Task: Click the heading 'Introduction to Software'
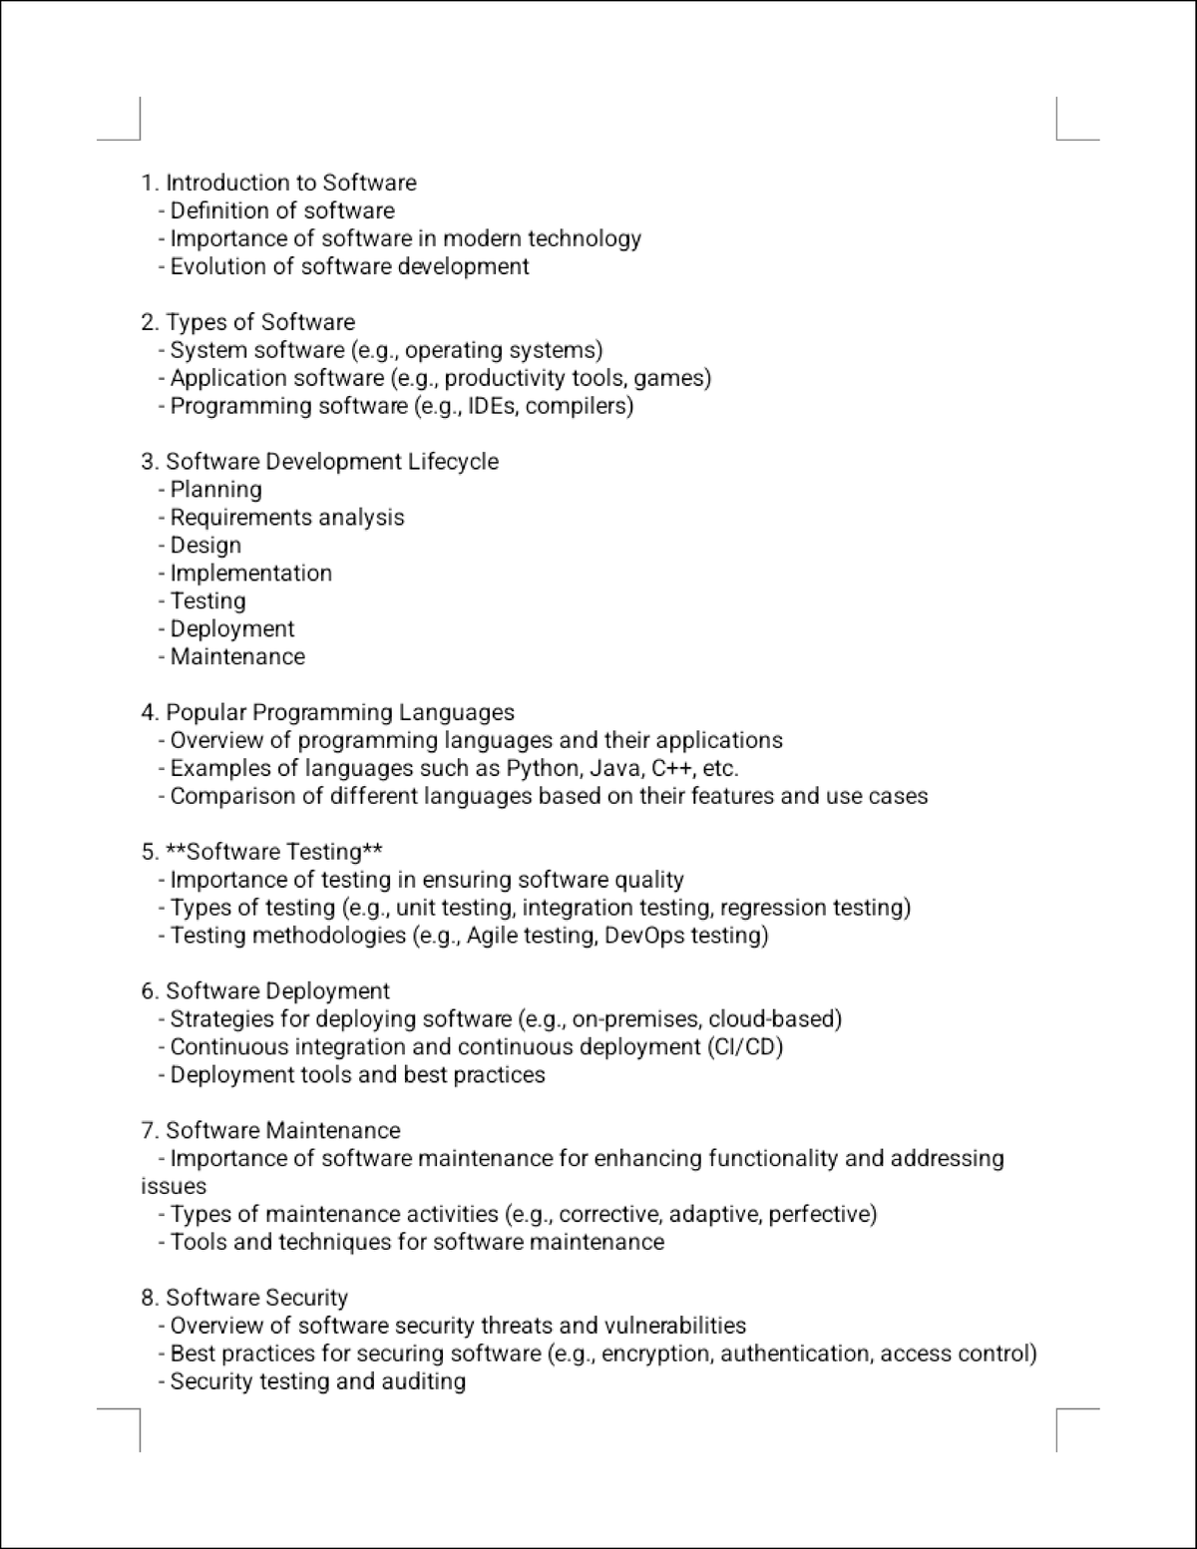coord(290,183)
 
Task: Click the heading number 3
coord(149,462)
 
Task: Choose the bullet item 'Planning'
coord(215,490)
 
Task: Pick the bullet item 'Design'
coord(205,546)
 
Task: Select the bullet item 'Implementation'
coord(250,574)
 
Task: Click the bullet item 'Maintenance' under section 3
coord(237,657)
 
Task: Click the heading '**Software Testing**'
coord(274,852)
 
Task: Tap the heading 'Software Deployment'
coord(277,991)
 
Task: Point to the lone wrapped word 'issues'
coord(174,1187)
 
